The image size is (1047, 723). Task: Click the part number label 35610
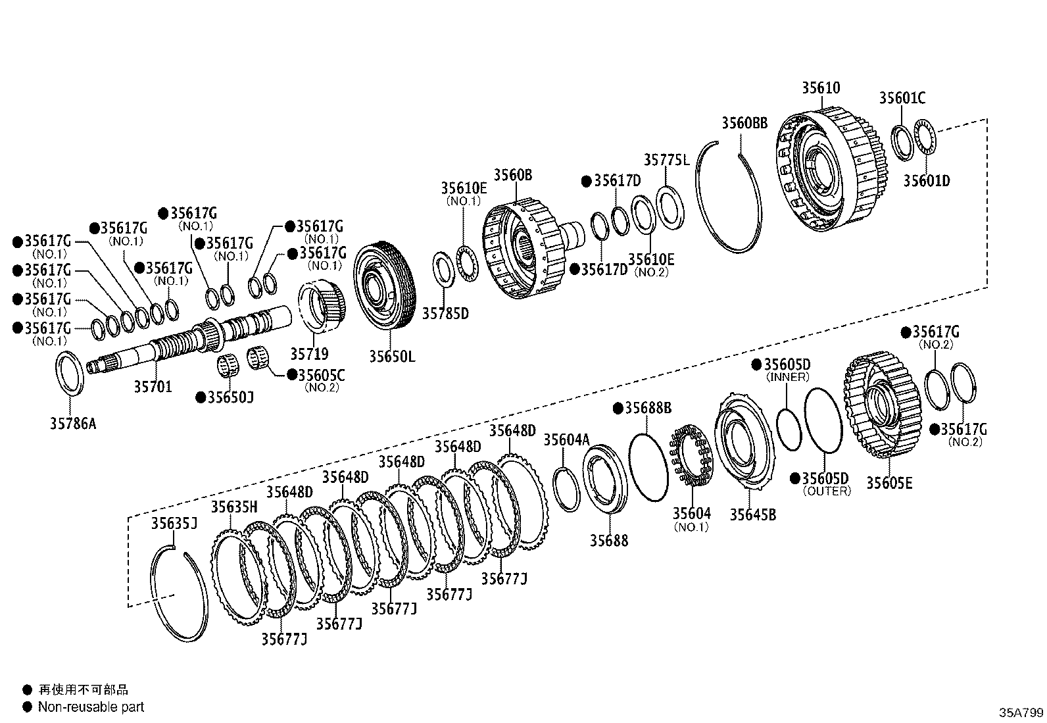tap(821, 88)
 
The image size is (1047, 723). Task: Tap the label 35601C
tap(902, 98)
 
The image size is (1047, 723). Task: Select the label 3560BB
tap(744, 123)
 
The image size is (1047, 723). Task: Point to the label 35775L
tap(666, 160)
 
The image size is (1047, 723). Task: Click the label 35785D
tap(445, 314)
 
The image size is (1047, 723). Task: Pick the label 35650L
tap(392, 357)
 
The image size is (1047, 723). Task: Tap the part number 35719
tap(309, 355)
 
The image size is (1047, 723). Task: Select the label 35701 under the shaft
tap(153, 387)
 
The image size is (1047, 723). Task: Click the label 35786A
tap(73, 424)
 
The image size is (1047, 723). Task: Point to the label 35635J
tap(174, 524)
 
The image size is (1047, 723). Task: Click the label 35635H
tap(234, 507)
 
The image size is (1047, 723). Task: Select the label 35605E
tap(889, 484)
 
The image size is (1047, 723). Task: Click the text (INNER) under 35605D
tap(787, 378)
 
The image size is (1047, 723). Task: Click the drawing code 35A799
tap(1021, 712)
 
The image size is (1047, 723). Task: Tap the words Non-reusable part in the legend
tap(91, 707)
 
